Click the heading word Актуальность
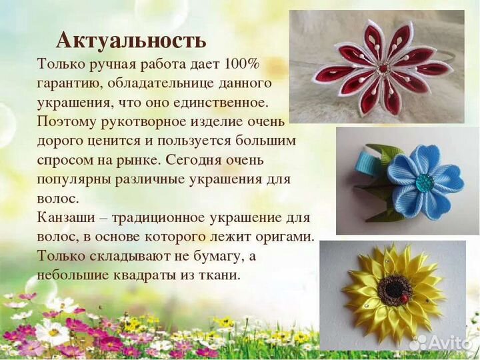click(131, 40)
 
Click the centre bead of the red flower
click(383, 68)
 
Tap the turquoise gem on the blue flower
click(424, 181)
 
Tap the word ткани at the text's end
click(221, 275)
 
